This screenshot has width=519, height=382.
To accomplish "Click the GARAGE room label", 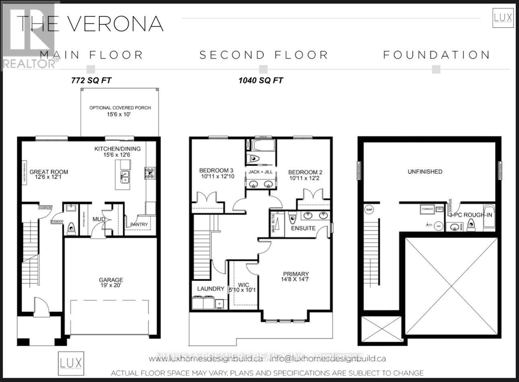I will coord(111,280).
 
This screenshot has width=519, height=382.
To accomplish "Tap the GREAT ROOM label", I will coord(49,172).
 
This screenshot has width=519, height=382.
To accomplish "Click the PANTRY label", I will coord(139,224).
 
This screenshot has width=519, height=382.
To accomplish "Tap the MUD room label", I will coord(99,219).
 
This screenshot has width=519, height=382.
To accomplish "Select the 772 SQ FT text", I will coord(91,81).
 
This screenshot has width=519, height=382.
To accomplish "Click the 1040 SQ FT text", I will coord(261,81).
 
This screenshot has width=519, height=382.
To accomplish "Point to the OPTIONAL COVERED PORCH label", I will coord(120,108).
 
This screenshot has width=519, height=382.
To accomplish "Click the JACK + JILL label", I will coord(260,172).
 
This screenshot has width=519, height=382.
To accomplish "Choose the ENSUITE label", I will coord(303,228).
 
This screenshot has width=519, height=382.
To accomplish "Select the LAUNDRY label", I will coord(210,289).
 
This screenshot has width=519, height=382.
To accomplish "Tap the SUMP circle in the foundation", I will coord(369,210).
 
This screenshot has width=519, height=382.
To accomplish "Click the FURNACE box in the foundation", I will coord(427,209).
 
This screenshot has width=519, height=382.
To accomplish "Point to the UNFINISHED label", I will coord(425,172).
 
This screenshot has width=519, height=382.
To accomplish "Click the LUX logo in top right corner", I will coord(503,18).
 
